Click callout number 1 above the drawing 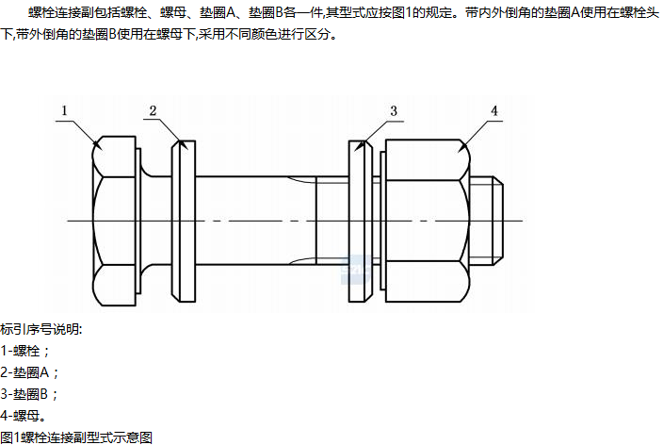(65, 111)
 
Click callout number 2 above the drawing (152, 111)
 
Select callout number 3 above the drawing (395, 111)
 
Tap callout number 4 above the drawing (493, 111)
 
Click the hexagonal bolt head (116, 221)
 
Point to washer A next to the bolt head (184, 221)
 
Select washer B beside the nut (359, 221)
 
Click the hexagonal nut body (424, 221)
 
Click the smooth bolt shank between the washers (254, 221)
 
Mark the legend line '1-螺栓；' (25, 351)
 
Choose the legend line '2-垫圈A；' (31, 372)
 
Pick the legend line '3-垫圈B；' (31, 394)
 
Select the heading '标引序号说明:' (41, 329)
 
